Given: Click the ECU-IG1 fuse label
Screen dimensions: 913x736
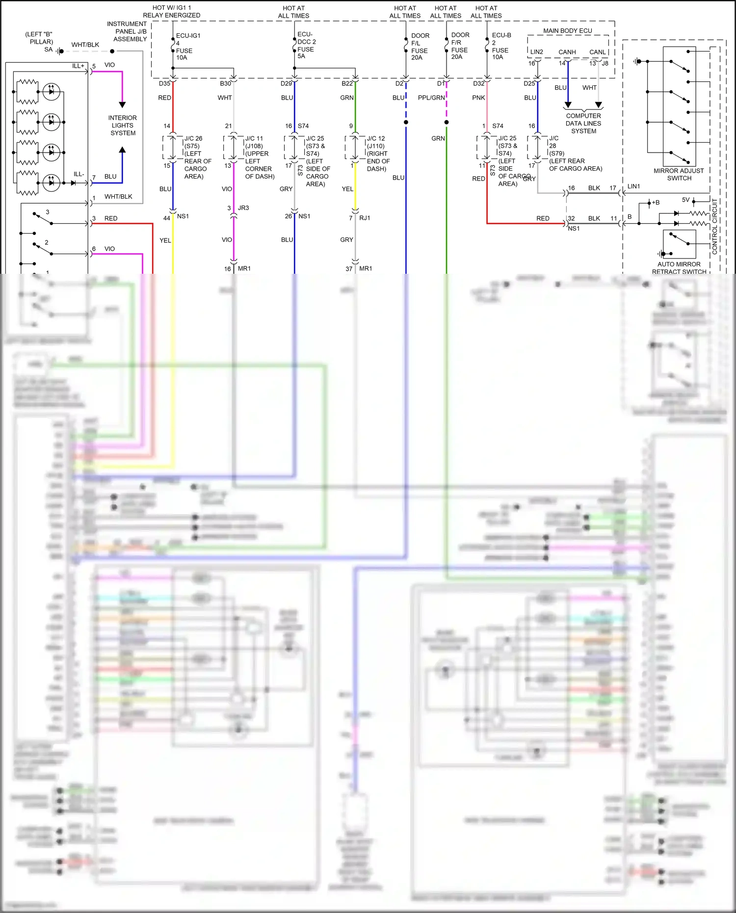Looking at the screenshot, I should pos(188,36).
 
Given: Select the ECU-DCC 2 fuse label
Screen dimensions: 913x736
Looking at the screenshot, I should pos(306,42).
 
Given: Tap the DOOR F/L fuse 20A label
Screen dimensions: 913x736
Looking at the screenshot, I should pos(420,47).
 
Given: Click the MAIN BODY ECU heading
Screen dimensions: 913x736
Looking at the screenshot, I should pos(567,31).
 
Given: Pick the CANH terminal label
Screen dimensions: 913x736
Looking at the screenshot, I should pos(567,52).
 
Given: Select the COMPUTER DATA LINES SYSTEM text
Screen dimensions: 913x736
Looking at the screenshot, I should pos(583,124).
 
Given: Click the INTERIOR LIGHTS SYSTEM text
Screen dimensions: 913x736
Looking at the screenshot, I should pos(123,126).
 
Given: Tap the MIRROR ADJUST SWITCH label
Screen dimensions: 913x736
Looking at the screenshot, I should pos(679,175).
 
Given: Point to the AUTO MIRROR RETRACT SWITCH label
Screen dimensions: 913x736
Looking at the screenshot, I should pos(679,268).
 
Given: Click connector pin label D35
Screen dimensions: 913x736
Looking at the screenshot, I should pos(164,84).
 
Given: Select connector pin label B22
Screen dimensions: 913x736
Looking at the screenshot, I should pos(347,84).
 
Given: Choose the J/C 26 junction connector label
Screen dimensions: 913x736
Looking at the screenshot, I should pos(193,139).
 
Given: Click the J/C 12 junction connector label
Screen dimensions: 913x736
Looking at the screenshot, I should pos(376,139).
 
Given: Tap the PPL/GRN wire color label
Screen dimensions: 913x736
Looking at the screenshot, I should pos(431,98).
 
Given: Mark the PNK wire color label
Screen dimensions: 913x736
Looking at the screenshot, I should pos(478,98).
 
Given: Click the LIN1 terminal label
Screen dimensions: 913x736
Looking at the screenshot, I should pos(633,186).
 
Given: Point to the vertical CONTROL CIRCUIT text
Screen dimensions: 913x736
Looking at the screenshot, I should pos(714,226).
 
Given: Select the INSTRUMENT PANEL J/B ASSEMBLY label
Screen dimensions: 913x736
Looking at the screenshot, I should pos(127,31).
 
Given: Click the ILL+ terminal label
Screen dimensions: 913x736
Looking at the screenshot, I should pos(79,66).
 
